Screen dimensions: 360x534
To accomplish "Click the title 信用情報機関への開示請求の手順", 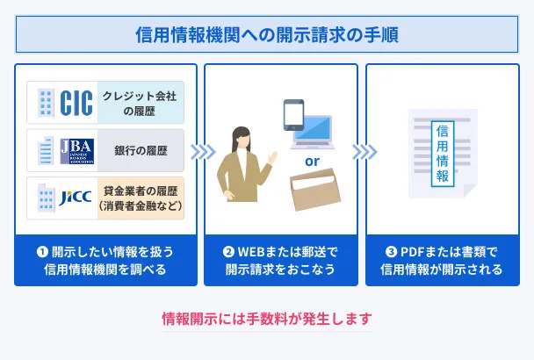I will (267, 36).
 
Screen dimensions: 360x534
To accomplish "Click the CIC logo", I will (76, 104).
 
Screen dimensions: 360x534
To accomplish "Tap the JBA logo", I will (77, 150).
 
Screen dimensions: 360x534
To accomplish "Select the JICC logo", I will (77, 198).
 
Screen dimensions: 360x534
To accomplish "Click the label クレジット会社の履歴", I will (138, 104).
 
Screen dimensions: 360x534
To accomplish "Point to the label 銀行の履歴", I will (140, 150).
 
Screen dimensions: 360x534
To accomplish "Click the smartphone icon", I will (292, 115).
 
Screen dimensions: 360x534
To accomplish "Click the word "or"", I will (312, 161).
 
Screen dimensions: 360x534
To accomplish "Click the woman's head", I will (241, 138).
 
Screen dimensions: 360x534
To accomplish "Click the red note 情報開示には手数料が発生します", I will (267, 318).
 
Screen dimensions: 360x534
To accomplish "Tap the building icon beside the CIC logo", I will (44, 104).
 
